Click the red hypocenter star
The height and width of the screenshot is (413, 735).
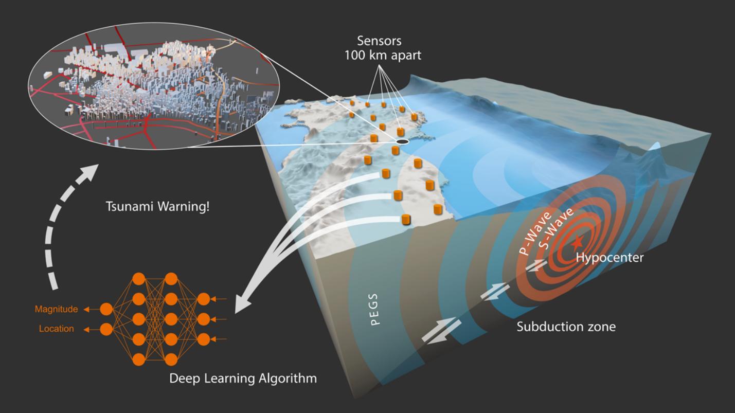tap(578, 241)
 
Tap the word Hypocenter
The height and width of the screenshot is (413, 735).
tap(609, 258)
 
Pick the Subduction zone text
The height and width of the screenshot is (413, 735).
tap(566, 326)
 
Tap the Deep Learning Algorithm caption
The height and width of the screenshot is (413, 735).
tap(243, 380)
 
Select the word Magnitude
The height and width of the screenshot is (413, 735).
tap(57, 309)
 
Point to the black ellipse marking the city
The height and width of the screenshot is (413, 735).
tap(402, 141)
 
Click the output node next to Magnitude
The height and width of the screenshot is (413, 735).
tap(106, 309)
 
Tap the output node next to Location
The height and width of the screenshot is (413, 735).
tap(106, 328)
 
